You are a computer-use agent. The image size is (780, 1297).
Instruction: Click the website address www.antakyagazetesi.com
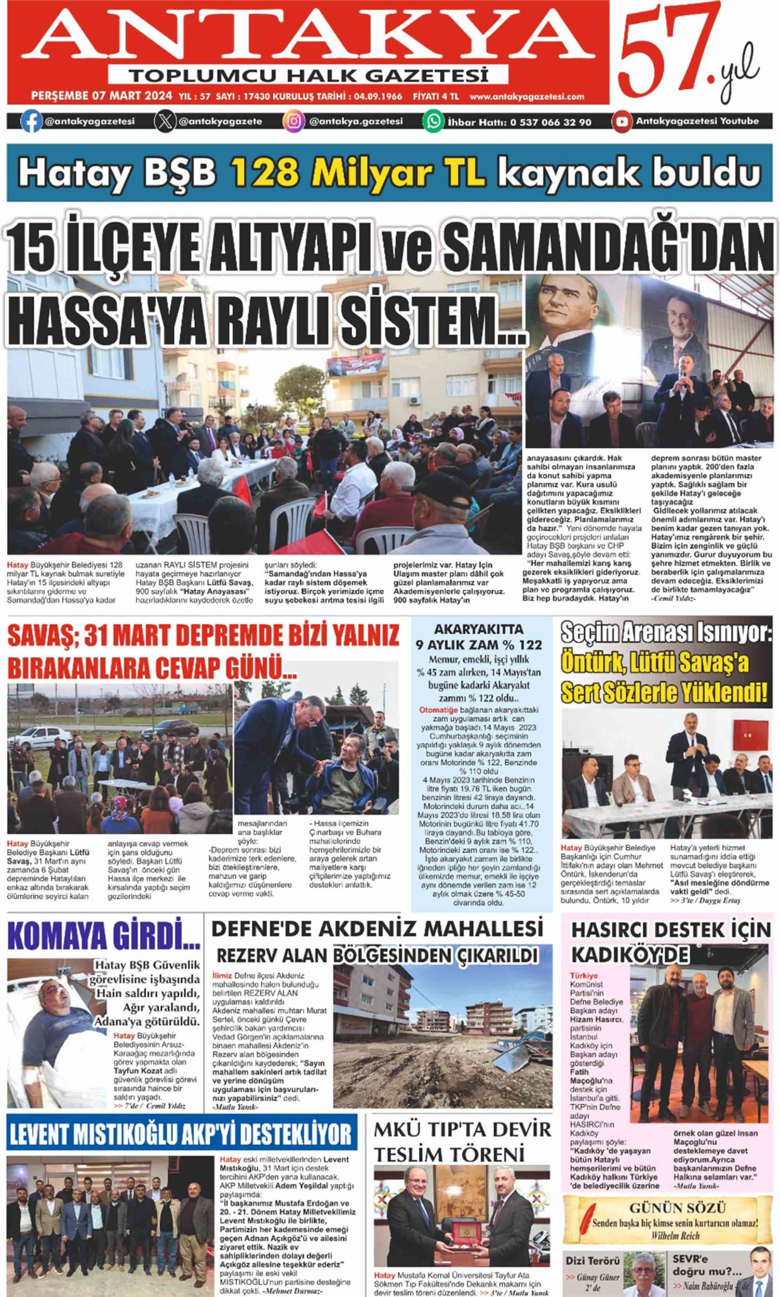tap(527, 97)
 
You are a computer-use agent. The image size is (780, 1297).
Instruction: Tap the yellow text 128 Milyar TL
tap(358, 172)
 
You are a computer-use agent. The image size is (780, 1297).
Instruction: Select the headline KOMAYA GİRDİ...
tap(104, 946)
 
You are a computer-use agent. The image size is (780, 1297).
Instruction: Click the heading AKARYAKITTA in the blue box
tap(478, 629)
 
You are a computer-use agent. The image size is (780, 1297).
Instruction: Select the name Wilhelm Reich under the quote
tap(676, 1236)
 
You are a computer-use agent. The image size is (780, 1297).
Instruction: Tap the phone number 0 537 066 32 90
tap(550, 123)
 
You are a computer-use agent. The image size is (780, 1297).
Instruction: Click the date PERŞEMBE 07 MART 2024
tap(101, 96)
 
